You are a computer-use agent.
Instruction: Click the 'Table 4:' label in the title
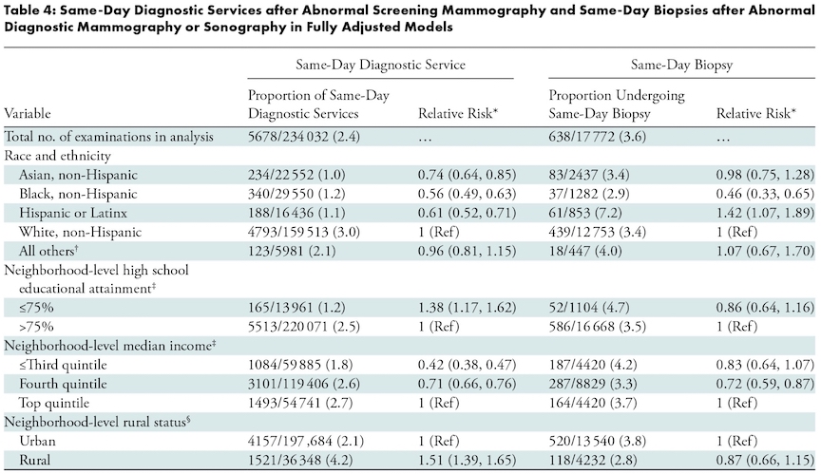click(x=29, y=11)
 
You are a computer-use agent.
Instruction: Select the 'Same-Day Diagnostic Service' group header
click(x=381, y=65)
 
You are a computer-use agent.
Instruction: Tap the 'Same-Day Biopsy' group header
click(x=681, y=65)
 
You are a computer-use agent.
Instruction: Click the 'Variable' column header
click(x=28, y=114)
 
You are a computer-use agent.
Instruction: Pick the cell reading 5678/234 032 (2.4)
click(x=304, y=137)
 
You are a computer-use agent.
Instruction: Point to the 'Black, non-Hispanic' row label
click(x=78, y=194)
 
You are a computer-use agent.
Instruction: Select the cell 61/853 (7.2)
click(x=585, y=214)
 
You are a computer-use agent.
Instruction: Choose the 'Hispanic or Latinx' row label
click(x=73, y=214)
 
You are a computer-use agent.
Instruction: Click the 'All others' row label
click(x=48, y=251)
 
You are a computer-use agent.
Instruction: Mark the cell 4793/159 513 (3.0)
click(x=304, y=233)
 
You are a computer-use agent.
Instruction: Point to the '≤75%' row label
click(x=36, y=308)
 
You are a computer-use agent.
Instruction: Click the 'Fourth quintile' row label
click(x=63, y=384)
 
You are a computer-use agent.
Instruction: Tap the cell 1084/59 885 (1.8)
click(x=300, y=365)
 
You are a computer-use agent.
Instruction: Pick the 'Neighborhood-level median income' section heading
click(x=110, y=346)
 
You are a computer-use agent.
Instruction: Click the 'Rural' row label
click(x=34, y=461)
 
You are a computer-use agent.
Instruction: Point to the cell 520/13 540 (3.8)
click(x=598, y=441)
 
